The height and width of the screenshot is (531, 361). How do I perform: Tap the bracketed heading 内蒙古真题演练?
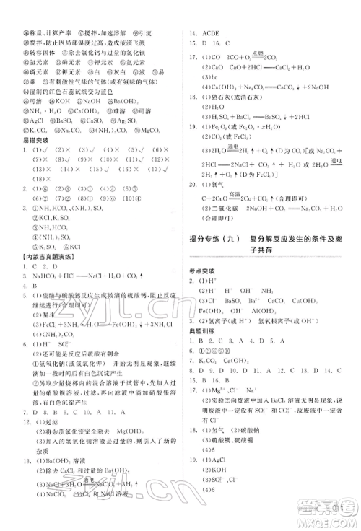pos(44,258)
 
